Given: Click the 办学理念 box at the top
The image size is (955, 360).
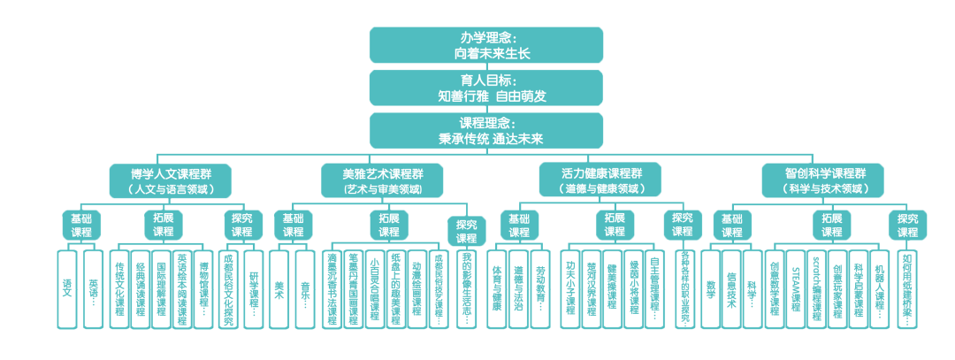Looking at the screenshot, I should (x=485, y=45).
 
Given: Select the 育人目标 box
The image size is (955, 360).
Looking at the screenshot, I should (x=485, y=88).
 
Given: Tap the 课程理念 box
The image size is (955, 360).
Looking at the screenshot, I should (x=485, y=130).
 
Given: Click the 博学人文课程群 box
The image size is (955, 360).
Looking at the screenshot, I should (x=171, y=180).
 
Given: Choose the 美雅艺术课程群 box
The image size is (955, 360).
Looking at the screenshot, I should (x=383, y=180).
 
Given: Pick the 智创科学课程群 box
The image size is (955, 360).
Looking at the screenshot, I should (x=825, y=180).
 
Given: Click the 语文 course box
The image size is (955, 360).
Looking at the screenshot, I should (x=67, y=288).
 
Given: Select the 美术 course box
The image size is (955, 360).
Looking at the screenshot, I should (x=279, y=288).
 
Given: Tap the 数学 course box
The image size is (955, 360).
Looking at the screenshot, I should (x=710, y=288).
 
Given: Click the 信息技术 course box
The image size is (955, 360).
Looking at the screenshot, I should (x=731, y=288).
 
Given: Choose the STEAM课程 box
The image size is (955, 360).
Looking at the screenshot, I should (x=795, y=288).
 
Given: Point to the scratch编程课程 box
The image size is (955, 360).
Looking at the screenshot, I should (x=816, y=288).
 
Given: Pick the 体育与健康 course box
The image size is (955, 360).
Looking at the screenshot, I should (x=498, y=288).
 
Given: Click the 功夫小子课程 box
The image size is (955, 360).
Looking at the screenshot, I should (x=570, y=288).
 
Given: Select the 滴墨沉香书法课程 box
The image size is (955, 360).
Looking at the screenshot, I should (x=333, y=288).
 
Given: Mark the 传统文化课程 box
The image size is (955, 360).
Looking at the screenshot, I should (x=119, y=288).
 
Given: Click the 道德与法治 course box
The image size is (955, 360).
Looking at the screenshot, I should (x=519, y=288).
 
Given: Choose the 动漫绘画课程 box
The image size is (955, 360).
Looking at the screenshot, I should (x=417, y=288).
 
